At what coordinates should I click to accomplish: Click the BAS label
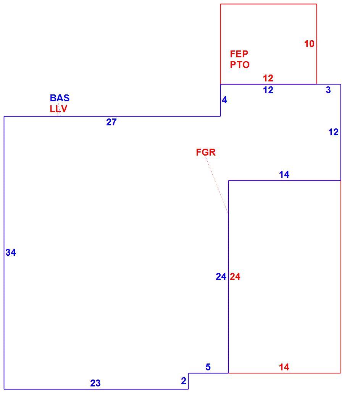60,98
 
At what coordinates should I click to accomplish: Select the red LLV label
58,109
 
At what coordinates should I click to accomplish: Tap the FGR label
206,152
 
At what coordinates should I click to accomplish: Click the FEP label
239,54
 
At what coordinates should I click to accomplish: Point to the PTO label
240,65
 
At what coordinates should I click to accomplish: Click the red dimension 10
309,44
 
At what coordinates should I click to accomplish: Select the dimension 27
111,122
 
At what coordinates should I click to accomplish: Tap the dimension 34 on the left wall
11,253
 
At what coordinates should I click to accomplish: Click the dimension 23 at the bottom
95,383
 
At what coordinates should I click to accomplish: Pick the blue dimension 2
184,381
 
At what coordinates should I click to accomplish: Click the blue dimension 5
208,367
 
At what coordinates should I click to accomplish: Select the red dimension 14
284,367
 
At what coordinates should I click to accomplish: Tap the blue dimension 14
284,175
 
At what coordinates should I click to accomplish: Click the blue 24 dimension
221,277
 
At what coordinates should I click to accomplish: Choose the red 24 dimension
235,277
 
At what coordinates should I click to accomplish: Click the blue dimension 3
328,90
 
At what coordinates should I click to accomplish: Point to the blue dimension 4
224,100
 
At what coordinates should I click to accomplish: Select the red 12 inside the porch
268,78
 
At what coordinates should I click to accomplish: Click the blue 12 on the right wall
334,132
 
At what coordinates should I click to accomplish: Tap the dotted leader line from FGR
217,185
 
